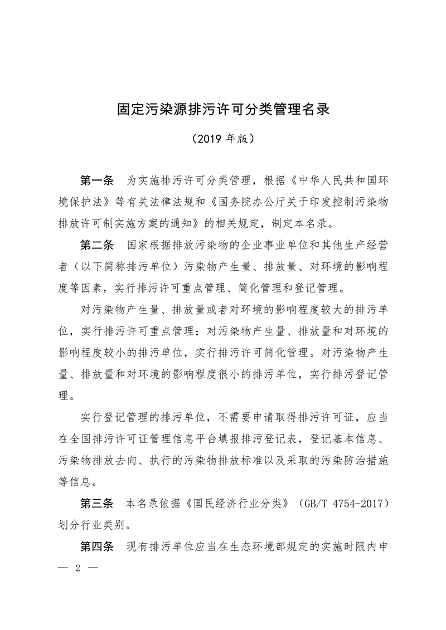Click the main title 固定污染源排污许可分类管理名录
pos(223,108)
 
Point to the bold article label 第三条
pos(97,502)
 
